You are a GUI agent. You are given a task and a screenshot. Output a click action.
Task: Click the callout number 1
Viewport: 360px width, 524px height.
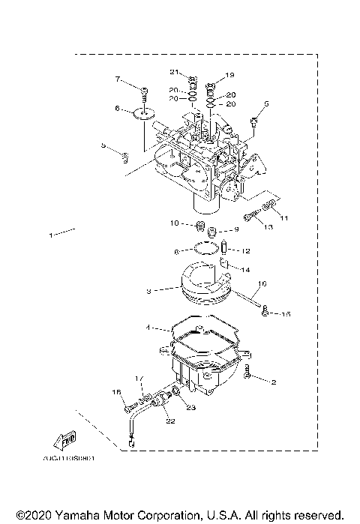pyautogui.click(x=51, y=235)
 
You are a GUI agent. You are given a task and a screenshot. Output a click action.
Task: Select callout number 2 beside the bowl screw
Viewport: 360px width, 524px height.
pyautogui.click(x=274, y=382)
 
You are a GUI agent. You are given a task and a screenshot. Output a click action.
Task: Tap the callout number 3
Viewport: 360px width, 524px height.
pyautogui.click(x=148, y=290)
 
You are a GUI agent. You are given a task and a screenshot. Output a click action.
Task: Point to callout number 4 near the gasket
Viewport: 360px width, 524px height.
pyautogui.click(x=148, y=327)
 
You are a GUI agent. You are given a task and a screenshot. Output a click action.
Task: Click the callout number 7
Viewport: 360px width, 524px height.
pyautogui.click(x=118, y=79)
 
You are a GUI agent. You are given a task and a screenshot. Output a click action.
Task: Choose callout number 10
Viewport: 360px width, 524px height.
pyautogui.click(x=173, y=223)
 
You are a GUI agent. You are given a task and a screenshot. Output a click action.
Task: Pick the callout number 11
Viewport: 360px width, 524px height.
pyautogui.click(x=284, y=217)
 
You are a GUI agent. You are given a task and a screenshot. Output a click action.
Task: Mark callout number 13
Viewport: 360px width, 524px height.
pyautogui.click(x=268, y=226)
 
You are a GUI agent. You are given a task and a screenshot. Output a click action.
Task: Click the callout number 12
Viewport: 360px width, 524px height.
pyautogui.click(x=245, y=250)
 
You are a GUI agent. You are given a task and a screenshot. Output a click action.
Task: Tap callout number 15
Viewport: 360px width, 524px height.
pyautogui.click(x=286, y=314)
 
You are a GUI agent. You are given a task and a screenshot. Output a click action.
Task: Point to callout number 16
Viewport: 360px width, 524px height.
pyautogui.click(x=262, y=285)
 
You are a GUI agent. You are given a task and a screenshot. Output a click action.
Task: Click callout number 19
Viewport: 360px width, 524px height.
pyautogui.click(x=230, y=75)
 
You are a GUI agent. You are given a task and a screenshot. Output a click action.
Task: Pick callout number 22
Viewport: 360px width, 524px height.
pyautogui.click(x=170, y=421)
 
